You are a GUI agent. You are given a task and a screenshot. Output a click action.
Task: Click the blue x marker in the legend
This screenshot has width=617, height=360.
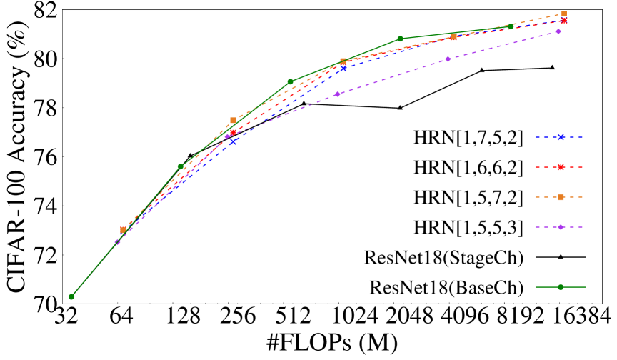click(561, 137)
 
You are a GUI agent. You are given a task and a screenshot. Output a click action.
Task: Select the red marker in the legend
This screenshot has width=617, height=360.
click(561, 167)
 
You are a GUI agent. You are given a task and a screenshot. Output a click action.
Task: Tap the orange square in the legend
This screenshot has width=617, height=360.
click(561, 197)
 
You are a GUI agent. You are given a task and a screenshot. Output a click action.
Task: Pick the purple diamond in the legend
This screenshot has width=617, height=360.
click(561, 227)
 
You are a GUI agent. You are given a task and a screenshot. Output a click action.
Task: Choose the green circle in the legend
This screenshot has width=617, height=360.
click(561, 287)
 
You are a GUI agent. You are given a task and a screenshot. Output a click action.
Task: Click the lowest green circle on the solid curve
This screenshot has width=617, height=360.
click(71, 296)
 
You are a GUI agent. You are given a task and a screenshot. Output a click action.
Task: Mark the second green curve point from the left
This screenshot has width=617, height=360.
click(180, 166)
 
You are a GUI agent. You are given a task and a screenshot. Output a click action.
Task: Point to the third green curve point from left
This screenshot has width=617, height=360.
click(290, 81)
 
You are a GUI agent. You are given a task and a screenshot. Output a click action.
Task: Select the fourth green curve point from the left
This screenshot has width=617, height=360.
click(400, 39)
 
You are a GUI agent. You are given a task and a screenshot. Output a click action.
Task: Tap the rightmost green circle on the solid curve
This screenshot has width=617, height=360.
click(510, 26)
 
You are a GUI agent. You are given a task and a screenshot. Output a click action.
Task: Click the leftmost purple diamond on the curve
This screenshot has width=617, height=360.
click(117, 242)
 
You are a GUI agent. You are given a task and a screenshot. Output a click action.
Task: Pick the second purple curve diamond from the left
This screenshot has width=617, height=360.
click(227, 136)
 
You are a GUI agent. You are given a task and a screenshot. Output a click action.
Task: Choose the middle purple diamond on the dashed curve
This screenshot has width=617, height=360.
click(337, 94)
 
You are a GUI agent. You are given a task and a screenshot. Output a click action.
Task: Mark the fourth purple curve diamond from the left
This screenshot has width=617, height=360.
click(448, 59)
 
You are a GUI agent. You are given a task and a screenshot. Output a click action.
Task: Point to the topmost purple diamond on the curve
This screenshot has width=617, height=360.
click(558, 31)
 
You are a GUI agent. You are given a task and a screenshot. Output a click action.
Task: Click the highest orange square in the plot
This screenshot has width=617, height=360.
click(563, 14)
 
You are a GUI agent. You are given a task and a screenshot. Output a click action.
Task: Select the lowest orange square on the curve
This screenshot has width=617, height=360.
click(123, 230)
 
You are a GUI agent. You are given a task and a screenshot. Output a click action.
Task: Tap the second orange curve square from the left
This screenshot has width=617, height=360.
click(233, 120)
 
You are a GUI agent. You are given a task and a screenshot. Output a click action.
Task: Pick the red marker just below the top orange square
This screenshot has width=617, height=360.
click(563, 21)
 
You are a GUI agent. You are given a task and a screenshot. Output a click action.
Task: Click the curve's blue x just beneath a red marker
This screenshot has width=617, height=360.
click(233, 141)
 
